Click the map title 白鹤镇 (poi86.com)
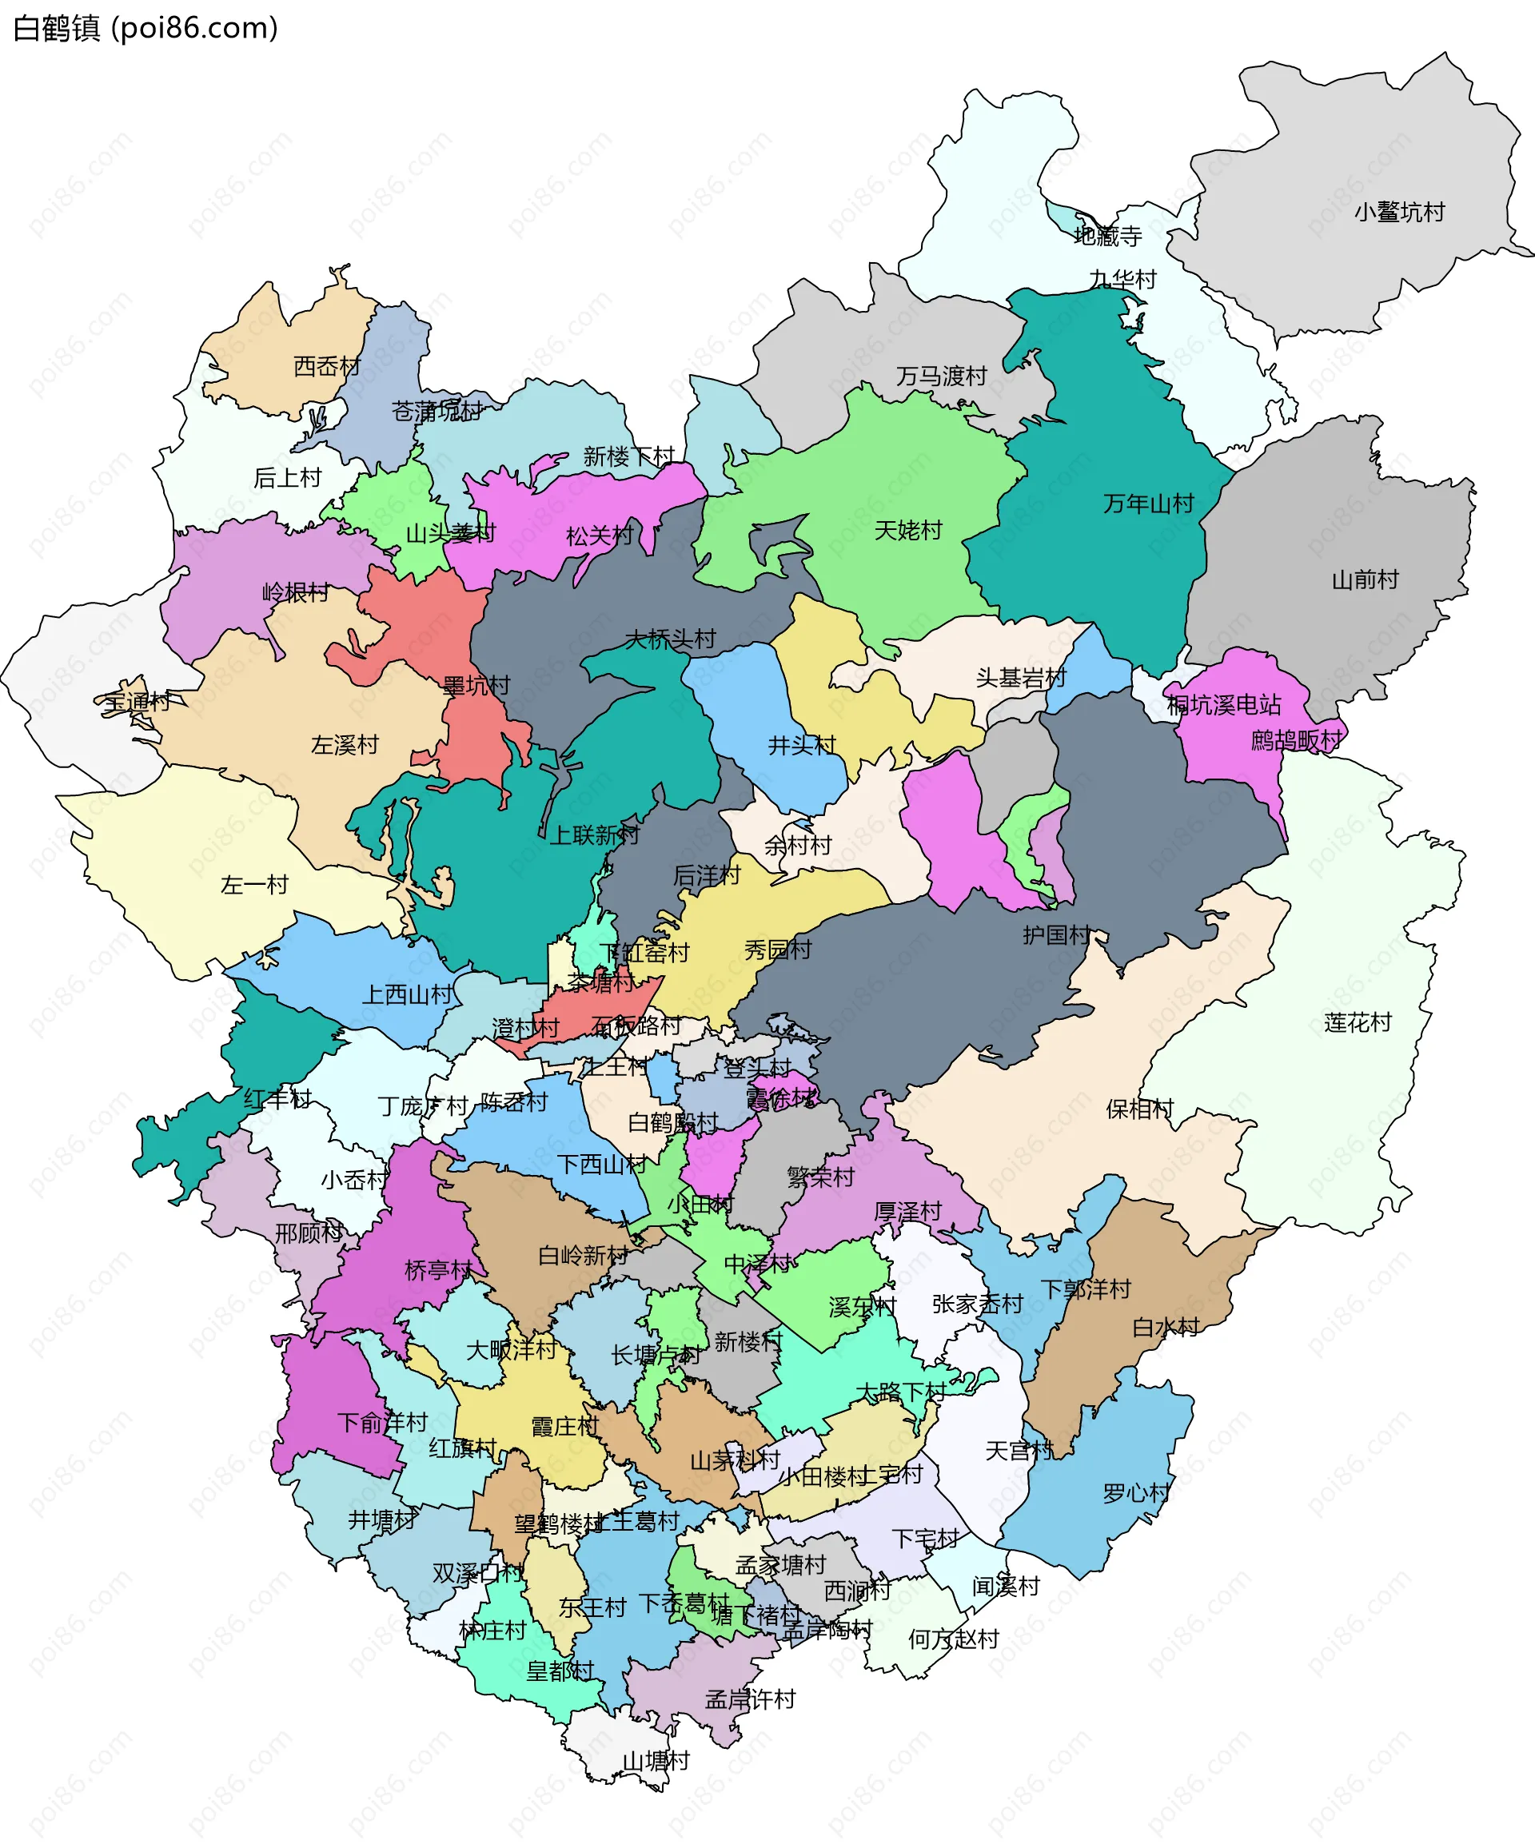pyautogui.click(x=146, y=28)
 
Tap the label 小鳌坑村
pyautogui.click(x=1399, y=212)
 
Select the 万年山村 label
pyautogui.click(x=1149, y=503)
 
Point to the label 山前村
pyautogui.click(x=1365, y=579)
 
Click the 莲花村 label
pyautogui.click(x=1358, y=1022)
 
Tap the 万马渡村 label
pyautogui.click(x=941, y=376)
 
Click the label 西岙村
pyautogui.click(x=327, y=366)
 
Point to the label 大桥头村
pyautogui.click(x=670, y=639)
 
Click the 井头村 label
pyautogui.click(x=802, y=745)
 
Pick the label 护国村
pyautogui.click(x=1056, y=934)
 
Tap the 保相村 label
pyautogui.click(x=1140, y=1109)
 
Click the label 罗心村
pyautogui.click(x=1136, y=1493)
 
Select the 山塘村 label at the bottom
pyautogui.click(x=656, y=1761)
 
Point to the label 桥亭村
pyautogui.click(x=438, y=1270)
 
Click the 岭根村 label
pyautogui.click(x=296, y=593)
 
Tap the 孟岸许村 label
pyautogui.click(x=750, y=1699)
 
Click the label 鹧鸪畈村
pyautogui.click(x=1296, y=740)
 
